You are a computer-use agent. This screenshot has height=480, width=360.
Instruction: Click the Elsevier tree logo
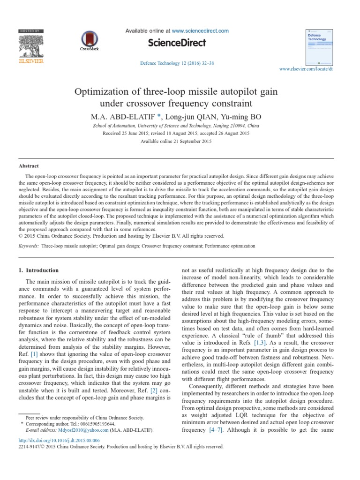tap(30, 45)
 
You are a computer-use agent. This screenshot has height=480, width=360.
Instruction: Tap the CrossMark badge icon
tap(87, 39)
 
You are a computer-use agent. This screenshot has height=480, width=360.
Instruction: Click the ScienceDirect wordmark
tap(177, 43)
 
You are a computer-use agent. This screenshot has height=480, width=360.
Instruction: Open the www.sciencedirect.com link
tap(200, 31)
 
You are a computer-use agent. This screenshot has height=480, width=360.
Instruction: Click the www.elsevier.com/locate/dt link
tap(306, 69)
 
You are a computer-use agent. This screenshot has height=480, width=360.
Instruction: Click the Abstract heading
tap(29, 166)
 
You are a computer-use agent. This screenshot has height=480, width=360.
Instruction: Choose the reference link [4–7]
tap(216, 429)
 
